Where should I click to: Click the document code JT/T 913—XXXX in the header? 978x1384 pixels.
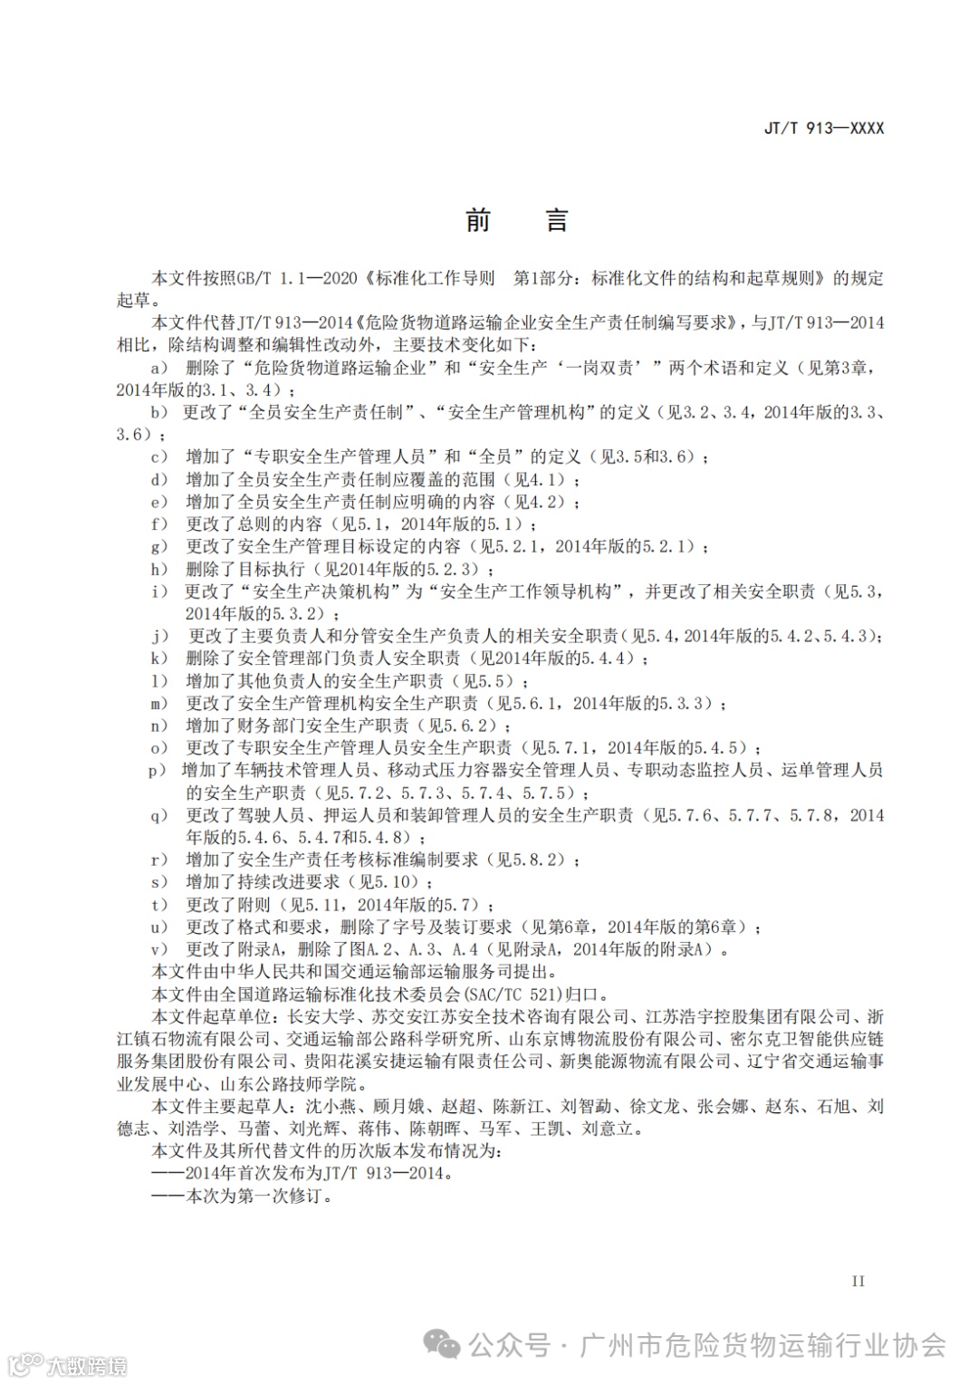824,129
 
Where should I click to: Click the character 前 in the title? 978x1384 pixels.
478,220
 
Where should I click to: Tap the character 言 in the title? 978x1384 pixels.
557,220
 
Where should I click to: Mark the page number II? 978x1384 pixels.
858,1281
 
